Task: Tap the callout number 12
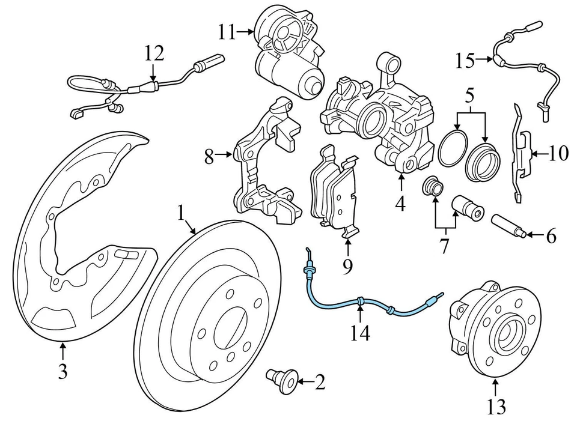[154, 53]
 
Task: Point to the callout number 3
[63, 372]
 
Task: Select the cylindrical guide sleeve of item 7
[468, 206]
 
